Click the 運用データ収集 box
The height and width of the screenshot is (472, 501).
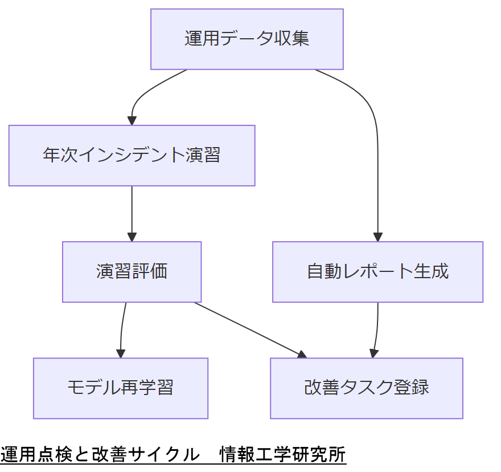pos(247,39)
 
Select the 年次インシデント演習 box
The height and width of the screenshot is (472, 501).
pos(132,155)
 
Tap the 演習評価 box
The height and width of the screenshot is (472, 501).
pos(132,271)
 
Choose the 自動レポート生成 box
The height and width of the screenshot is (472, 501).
pos(377,271)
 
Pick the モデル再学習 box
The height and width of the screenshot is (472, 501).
pos(120,388)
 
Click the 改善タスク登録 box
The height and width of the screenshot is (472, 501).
pos(366,388)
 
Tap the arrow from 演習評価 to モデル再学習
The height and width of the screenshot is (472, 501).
pos(122,328)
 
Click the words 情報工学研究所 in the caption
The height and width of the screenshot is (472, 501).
pos(282,454)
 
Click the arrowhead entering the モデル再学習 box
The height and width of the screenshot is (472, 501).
pos(121,353)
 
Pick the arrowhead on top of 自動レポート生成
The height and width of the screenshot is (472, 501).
pos(377,237)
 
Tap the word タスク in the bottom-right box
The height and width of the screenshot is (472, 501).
pos(366,388)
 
